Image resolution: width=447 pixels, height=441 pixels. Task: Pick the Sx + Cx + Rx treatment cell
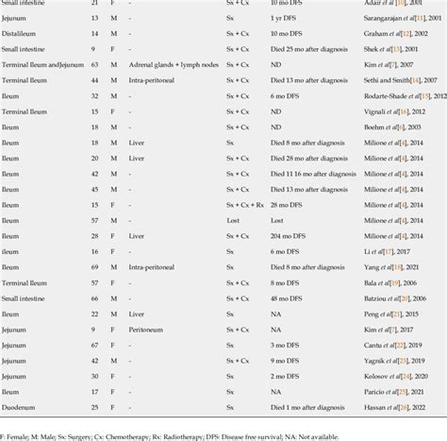(246, 204)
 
